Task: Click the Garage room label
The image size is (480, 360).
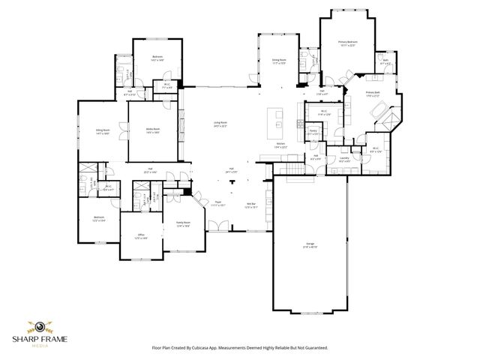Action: point(310,245)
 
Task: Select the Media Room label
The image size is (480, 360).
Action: point(153,130)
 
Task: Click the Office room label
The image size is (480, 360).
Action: point(140,236)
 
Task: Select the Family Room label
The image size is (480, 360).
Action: point(183,223)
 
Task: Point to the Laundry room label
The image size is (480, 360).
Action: point(345,159)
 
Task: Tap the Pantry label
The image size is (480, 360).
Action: point(313,132)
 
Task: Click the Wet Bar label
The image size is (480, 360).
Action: point(252,205)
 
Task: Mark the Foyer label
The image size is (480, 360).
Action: point(218,203)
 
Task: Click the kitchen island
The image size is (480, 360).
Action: point(278,120)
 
